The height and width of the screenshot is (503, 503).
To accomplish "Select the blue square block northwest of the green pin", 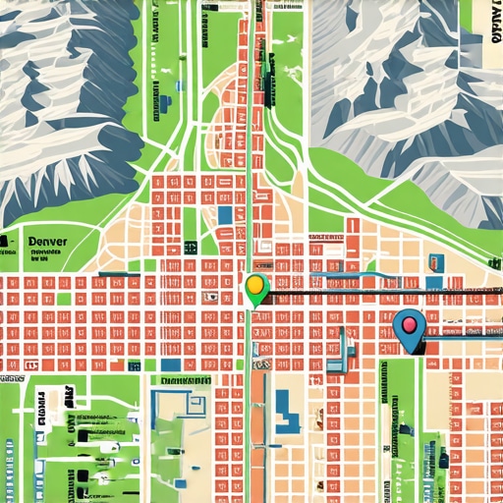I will (226, 213).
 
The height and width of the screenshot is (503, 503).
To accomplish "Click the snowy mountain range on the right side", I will (413, 88).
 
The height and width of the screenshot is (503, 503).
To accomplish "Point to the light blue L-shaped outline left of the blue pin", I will (339, 349).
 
